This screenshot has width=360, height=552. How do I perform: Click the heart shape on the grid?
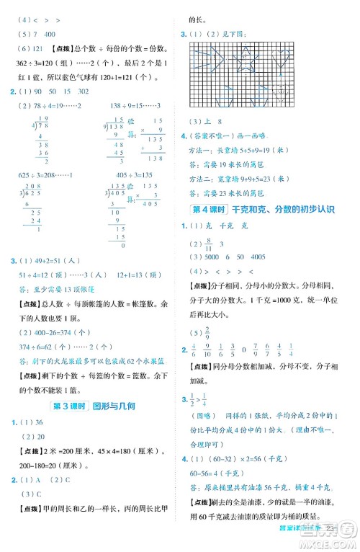(282, 58)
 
